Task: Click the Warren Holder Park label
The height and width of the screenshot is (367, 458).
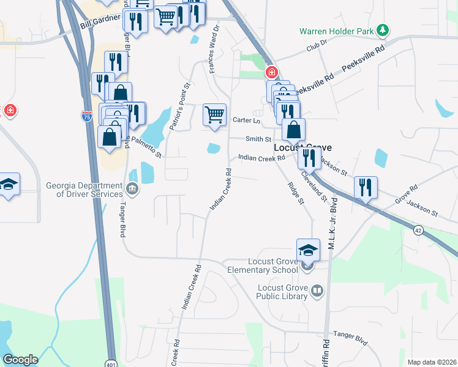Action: pyautogui.click(x=336, y=31)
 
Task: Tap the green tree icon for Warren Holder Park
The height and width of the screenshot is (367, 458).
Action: pyautogui.click(x=383, y=29)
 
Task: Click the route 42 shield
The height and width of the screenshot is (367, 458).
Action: pyautogui.click(x=418, y=231)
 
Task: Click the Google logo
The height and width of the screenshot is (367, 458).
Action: pyautogui.click(x=20, y=360)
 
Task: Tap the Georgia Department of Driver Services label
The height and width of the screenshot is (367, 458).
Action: pyautogui.click(x=84, y=190)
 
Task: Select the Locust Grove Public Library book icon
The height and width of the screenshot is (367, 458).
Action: pyautogui.click(x=317, y=291)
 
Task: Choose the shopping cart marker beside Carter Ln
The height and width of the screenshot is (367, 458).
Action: pyautogui.click(x=214, y=115)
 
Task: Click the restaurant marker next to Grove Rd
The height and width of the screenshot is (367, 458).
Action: pyautogui.click(x=366, y=188)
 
